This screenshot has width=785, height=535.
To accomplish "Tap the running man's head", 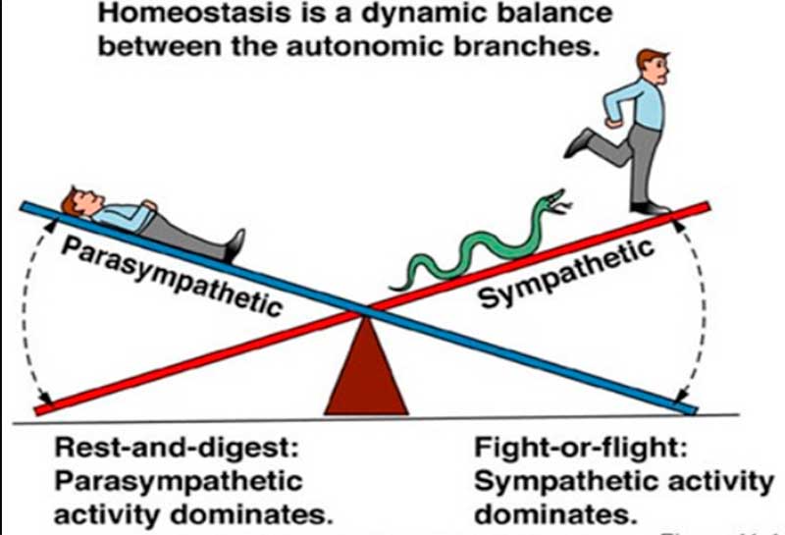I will click(x=647, y=67).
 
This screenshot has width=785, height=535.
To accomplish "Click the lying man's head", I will click(x=74, y=201).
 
